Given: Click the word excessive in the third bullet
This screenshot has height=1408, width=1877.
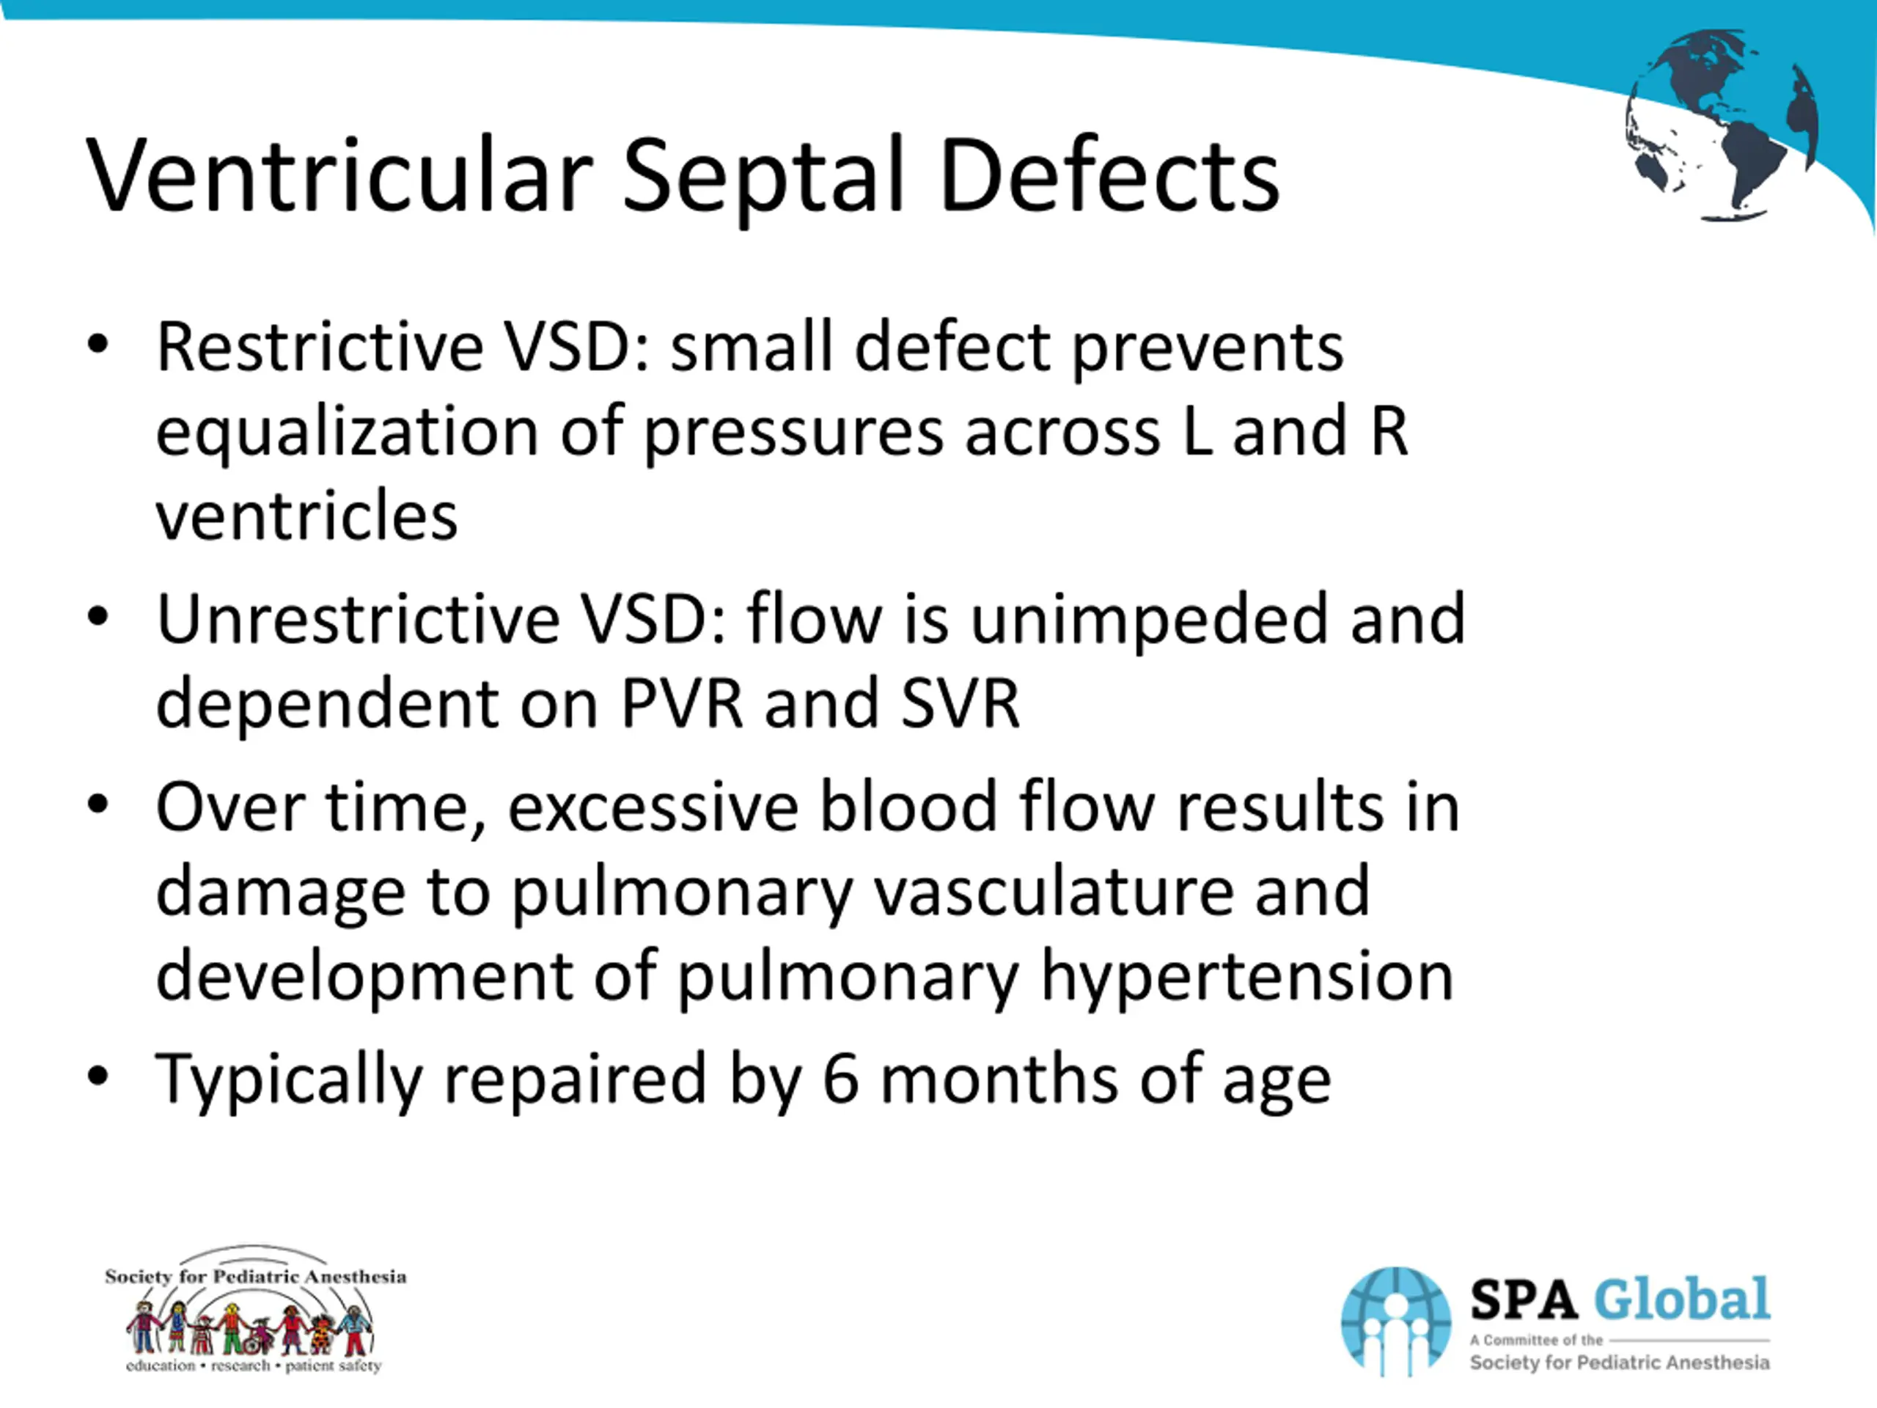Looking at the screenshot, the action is tap(653, 807).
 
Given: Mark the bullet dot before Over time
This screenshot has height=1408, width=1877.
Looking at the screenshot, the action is tap(98, 804).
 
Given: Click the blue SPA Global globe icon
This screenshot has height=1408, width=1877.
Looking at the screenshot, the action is tap(1396, 1320).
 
